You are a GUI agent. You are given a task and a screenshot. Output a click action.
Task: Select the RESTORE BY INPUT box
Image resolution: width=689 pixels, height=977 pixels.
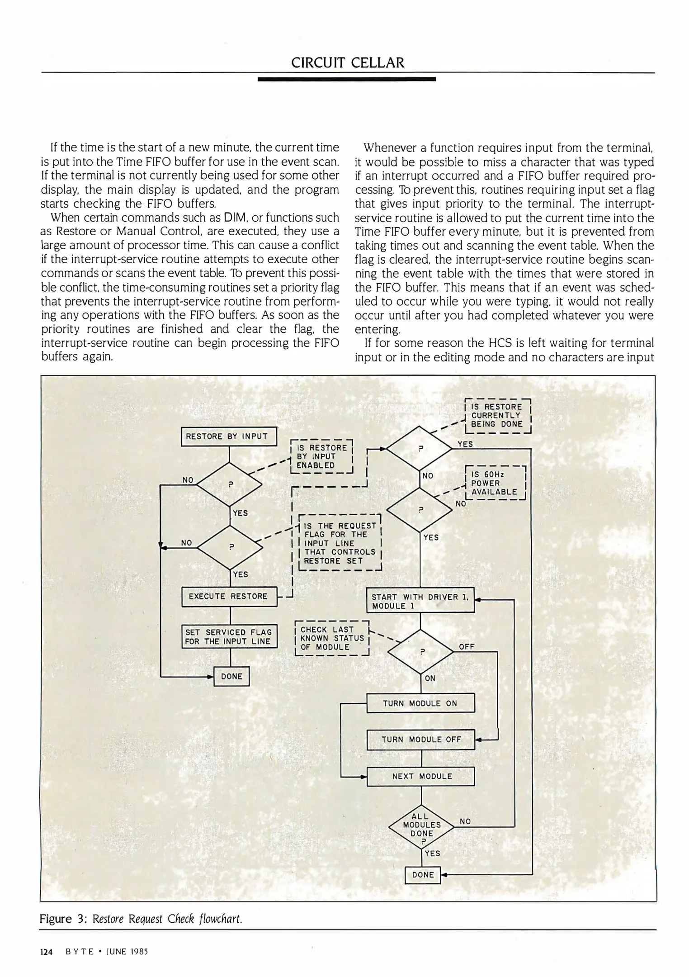pyautogui.click(x=228, y=436)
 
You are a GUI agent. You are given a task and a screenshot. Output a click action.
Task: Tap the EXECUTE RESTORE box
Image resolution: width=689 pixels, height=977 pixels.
pyautogui.click(x=228, y=596)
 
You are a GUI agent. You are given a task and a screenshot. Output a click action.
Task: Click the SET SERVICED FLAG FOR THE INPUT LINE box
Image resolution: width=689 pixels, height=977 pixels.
pyautogui.click(x=228, y=636)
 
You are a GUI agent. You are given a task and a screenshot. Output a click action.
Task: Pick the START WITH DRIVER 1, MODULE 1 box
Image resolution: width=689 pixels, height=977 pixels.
pyautogui.click(x=420, y=601)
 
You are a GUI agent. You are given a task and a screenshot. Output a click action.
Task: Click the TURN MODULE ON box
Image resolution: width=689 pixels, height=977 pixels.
pyautogui.click(x=420, y=703)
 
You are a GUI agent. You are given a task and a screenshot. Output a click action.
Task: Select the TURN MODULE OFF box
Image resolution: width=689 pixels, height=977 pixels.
pyautogui.click(x=420, y=740)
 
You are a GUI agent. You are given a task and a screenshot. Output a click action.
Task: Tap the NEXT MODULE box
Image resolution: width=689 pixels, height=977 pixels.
pyautogui.click(x=420, y=776)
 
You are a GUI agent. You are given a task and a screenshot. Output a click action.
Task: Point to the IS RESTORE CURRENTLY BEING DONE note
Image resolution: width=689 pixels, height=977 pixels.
pyautogui.click(x=497, y=415)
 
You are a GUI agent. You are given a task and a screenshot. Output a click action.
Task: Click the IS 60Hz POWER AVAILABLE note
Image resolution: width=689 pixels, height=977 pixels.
pyautogui.click(x=495, y=483)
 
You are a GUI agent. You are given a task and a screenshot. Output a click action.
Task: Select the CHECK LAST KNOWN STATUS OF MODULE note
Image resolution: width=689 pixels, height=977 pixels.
pyautogui.click(x=332, y=638)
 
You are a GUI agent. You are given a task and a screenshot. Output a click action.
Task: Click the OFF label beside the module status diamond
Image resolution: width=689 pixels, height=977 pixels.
pyautogui.click(x=467, y=647)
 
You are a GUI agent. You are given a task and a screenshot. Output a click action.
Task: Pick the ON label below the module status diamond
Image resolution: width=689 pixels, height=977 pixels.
pyautogui.click(x=430, y=678)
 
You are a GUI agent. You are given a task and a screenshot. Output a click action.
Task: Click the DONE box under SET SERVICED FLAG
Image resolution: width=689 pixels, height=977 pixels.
pyautogui.click(x=231, y=676)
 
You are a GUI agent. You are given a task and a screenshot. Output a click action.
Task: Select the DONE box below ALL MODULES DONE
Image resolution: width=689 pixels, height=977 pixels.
pyautogui.click(x=423, y=874)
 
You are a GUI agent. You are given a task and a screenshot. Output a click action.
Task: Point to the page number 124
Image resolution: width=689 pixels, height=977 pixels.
pyautogui.click(x=47, y=952)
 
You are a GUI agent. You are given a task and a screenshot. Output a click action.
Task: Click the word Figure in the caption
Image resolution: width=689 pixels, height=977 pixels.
pyautogui.click(x=56, y=919)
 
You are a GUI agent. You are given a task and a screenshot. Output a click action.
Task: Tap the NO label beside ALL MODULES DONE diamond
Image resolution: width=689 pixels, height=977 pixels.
pyautogui.click(x=465, y=821)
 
